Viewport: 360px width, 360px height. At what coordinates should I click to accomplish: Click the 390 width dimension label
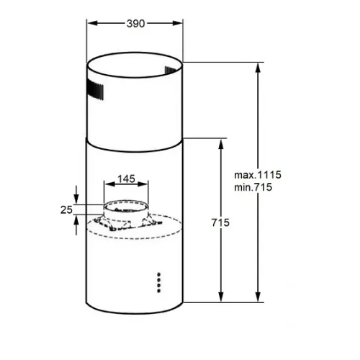coord(135,24)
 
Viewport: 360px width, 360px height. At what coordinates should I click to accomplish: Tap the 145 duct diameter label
coord(126,179)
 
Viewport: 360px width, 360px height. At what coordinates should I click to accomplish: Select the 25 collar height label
coord(66,210)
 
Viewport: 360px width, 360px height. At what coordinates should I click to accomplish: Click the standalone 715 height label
coord(220,222)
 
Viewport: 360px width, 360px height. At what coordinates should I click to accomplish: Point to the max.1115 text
coord(258,175)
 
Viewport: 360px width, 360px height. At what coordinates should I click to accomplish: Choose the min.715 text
coord(253,187)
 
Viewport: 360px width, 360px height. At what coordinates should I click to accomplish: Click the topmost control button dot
coord(158,274)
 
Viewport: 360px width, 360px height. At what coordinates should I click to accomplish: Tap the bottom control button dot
coord(158,291)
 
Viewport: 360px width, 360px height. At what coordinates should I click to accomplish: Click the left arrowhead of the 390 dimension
coord(92,23)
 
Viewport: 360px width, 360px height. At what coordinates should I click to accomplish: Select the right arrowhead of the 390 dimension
coord(178,23)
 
